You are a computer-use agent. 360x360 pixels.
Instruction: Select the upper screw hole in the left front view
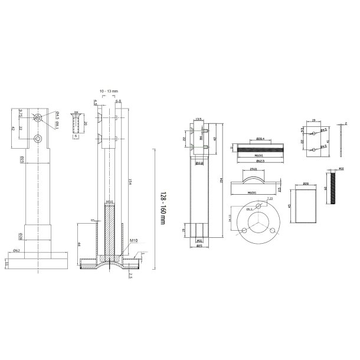point(38,117)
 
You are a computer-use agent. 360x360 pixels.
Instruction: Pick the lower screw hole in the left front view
point(38,139)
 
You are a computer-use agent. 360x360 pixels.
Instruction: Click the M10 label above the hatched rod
point(110,202)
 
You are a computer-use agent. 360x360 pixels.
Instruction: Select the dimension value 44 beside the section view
point(80,244)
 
